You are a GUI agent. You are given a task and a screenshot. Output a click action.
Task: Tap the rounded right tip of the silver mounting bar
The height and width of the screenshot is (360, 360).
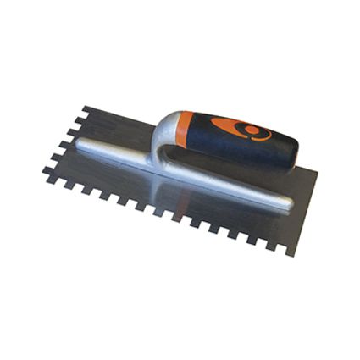[288, 204]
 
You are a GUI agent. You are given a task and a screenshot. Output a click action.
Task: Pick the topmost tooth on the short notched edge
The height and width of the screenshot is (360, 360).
[86, 111]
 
